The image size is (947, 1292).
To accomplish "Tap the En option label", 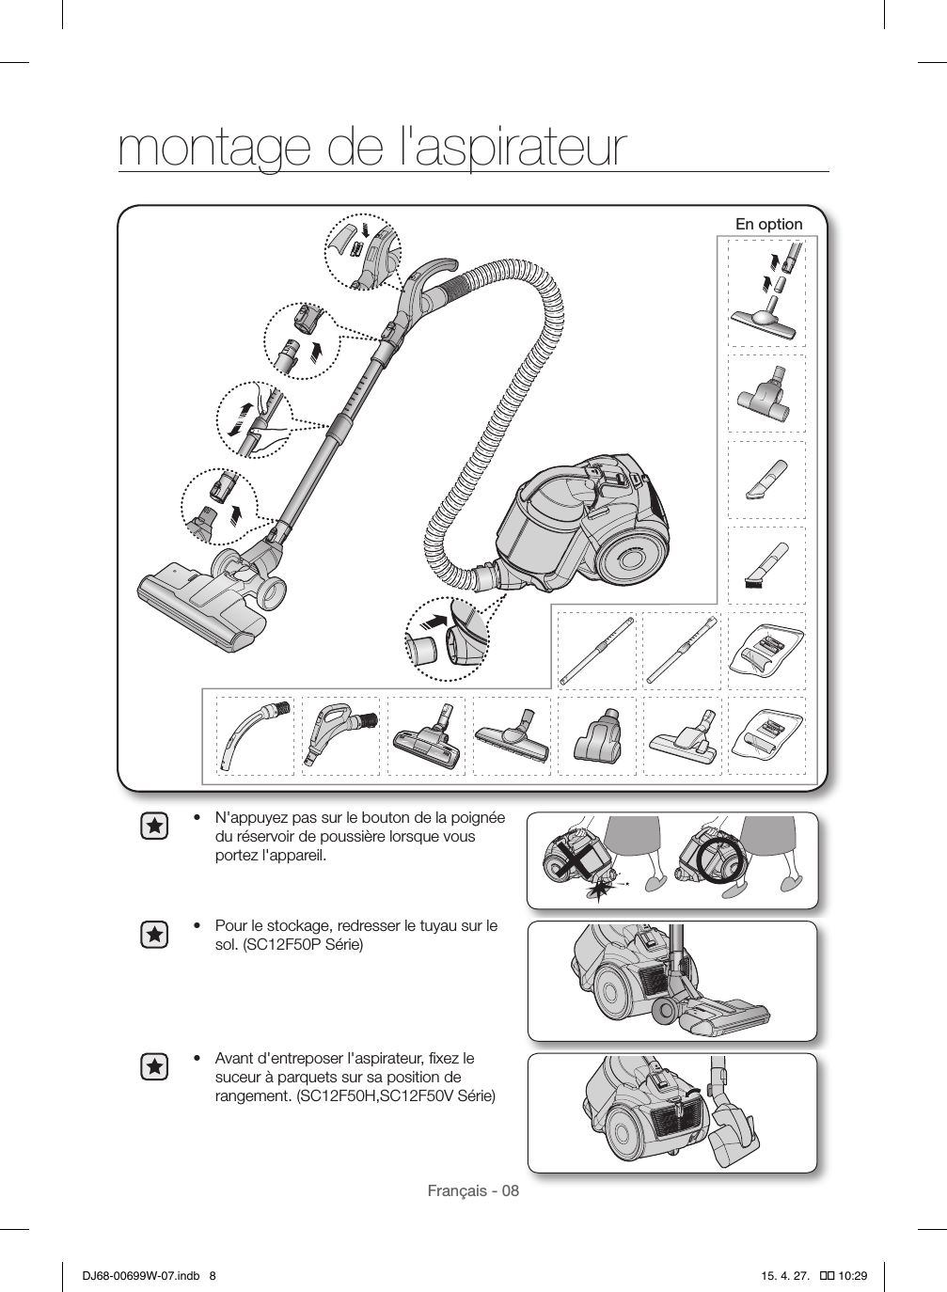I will pyautogui.click(x=768, y=225).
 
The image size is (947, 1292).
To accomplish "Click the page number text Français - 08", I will pyautogui.click(x=473, y=1191).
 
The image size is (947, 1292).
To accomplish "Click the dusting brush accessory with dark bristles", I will pyautogui.click(x=766, y=564).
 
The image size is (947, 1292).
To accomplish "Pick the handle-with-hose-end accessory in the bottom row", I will pyautogui.click(x=339, y=733).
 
